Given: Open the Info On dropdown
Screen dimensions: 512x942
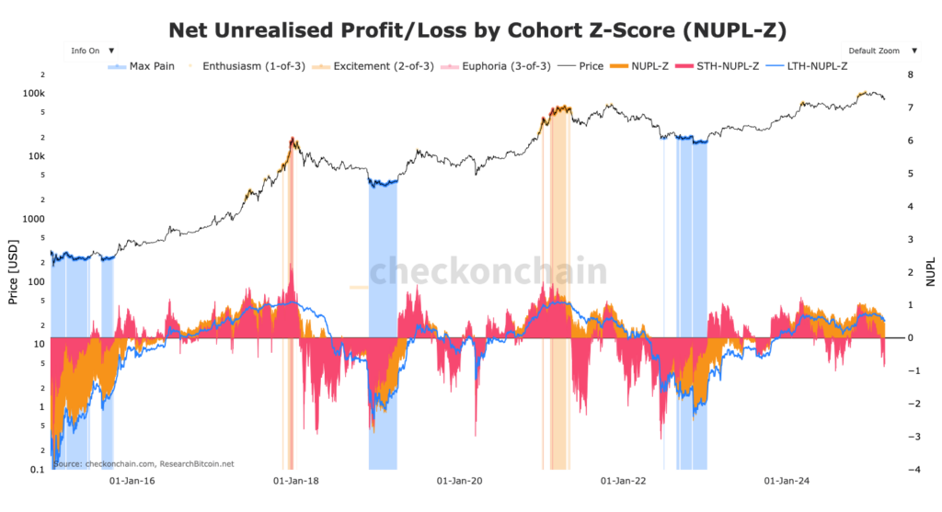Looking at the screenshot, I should pyautogui.click(x=92, y=51).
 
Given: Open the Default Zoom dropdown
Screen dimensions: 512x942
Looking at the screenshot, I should pyautogui.click(x=879, y=51).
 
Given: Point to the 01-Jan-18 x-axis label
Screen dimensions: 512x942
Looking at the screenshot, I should pyautogui.click(x=293, y=480).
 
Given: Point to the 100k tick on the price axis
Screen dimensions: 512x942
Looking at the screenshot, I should pyautogui.click(x=33, y=94).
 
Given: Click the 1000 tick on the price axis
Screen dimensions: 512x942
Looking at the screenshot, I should pyautogui.click(x=33, y=219).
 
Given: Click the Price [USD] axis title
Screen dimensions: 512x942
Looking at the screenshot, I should pyautogui.click(x=13, y=272).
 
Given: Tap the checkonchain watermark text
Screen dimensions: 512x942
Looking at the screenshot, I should pyautogui.click(x=488, y=272).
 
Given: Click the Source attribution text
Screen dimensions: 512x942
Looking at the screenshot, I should pyautogui.click(x=144, y=464).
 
